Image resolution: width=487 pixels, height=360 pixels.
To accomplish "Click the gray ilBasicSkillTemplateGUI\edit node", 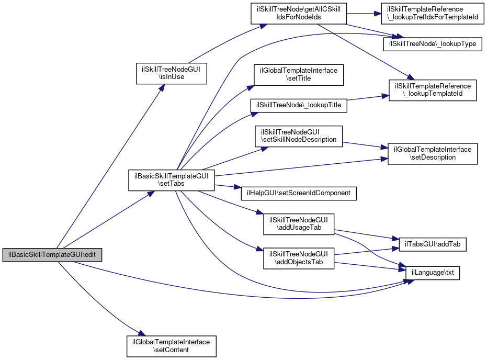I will click(x=52, y=255).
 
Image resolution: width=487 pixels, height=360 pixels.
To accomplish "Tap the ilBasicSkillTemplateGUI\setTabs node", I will click(x=172, y=179).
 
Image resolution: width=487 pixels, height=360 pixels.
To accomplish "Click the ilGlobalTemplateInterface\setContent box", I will click(x=172, y=346).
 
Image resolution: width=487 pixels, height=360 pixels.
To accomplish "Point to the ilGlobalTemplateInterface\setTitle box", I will click(x=298, y=74).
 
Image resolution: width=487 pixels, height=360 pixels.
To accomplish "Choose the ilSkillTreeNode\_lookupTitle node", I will click(x=298, y=105).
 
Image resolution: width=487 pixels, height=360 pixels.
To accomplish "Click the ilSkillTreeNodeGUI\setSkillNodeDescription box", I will click(x=298, y=136).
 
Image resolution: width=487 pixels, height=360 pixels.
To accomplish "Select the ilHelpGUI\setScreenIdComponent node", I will click(x=298, y=193).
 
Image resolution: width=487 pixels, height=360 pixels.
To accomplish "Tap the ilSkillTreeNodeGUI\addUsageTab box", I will click(x=298, y=223).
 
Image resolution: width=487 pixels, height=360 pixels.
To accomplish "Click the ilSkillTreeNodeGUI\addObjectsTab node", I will click(x=298, y=258).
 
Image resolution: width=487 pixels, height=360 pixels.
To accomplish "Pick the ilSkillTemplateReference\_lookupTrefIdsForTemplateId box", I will click(x=432, y=13).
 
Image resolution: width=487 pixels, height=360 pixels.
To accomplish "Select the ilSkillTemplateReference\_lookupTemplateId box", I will click(x=432, y=89).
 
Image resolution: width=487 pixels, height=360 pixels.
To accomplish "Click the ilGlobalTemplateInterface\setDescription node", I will click(x=432, y=153).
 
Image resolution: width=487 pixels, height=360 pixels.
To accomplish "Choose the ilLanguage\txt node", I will click(x=433, y=273).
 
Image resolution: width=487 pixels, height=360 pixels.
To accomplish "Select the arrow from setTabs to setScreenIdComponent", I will click(x=225, y=187).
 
